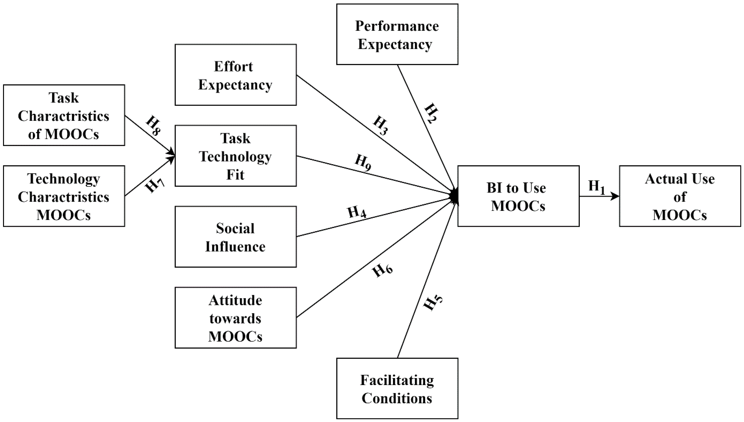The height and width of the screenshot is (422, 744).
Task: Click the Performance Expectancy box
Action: pos(397,34)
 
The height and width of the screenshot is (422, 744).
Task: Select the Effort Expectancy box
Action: pos(235,75)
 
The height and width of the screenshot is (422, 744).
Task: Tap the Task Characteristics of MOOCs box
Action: pos(64,115)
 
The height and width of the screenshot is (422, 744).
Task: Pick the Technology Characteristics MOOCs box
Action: pos(64,196)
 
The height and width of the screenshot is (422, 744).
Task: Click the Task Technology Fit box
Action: pos(235,156)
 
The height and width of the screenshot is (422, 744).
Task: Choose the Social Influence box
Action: pos(235,237)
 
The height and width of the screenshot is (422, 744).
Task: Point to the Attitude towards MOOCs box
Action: pos(235,318)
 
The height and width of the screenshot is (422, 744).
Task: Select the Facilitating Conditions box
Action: pos(397,388)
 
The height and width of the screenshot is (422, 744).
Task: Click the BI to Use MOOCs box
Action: pos(518,196)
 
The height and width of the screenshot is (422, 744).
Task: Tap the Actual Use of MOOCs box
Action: pos(680,196)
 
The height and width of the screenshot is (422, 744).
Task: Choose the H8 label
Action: pos(153,126)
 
